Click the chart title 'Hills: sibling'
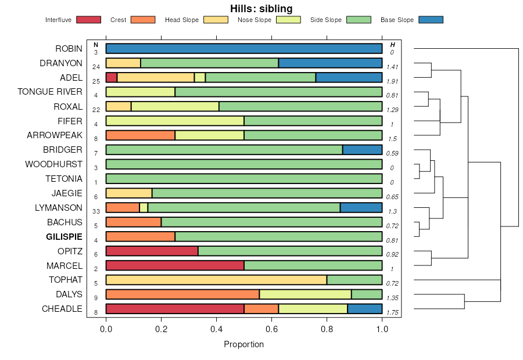[261, 8]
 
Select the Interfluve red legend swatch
[88, 20]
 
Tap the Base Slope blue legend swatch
[431, 20]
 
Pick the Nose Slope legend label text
[255, 20]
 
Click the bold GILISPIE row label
[64, 237]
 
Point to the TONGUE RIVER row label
[50, 92]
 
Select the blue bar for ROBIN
[244, 49]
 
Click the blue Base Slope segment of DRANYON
[330, 63]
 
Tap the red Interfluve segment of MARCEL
[175, 266]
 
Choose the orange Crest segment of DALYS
[182, 294]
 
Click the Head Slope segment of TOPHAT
[216, 280]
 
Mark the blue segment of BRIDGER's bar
[363, 150]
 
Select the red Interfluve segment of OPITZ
[152, 251]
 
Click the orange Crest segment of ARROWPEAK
[140, 135]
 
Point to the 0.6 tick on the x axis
[272, 329]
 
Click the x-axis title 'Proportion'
[244, 344]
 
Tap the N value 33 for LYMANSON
[96, 211]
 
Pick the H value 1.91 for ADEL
[392, 81]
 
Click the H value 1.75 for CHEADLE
[392, 312]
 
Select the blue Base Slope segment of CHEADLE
[365, 309]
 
